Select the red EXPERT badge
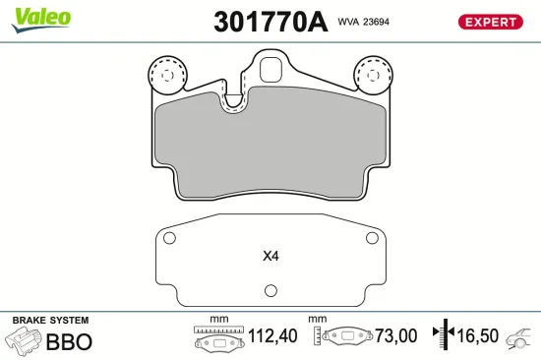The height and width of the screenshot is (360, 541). [490, 22]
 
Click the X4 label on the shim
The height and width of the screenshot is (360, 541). [270, 257]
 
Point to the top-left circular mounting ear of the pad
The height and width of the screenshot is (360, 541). [165, 74]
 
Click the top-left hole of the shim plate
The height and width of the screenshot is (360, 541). [168, 239]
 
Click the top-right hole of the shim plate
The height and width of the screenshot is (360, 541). [371, 239]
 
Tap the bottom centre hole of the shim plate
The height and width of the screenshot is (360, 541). [270, 290]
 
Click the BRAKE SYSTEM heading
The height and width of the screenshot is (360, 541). [49, 321]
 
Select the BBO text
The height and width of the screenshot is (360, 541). [69, 342]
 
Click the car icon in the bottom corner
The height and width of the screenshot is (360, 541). [517, 339]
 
